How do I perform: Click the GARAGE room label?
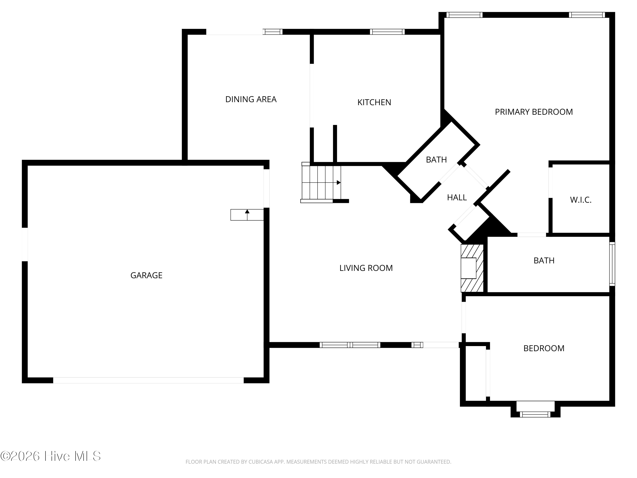pos(146,276)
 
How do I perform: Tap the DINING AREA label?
pos(251,99)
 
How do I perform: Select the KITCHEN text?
pos(374,102)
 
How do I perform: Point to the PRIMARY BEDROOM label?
pos(534,112)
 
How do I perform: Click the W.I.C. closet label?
pos(581,200)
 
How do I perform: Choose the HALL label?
pos(457,198)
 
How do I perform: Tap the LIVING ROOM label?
pos(366,268)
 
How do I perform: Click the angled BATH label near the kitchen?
pos(436,160)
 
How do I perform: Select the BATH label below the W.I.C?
pos(544,260)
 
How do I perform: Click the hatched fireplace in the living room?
pos(472,268)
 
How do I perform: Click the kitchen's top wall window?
pos(387,32)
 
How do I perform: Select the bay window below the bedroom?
pos(535,414)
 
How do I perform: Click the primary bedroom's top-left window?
pos(464,15)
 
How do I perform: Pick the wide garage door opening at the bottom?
pos(148,380)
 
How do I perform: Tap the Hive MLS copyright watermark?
pos(51,456)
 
